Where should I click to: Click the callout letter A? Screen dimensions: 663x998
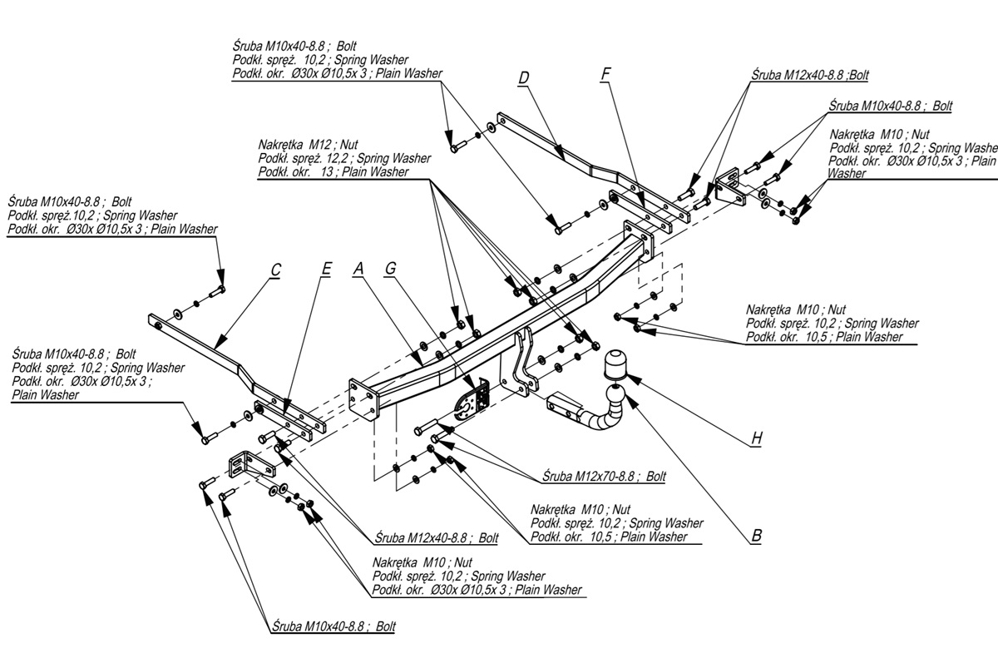359,269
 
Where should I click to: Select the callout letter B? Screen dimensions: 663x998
756,537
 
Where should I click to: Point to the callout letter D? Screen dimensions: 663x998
523,79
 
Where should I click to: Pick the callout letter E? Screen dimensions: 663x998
325,269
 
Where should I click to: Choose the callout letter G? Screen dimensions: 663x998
390,269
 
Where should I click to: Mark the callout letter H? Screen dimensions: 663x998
756,438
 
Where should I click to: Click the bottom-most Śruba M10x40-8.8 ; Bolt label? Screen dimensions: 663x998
333,626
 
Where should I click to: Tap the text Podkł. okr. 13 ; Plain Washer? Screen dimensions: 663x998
333,172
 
